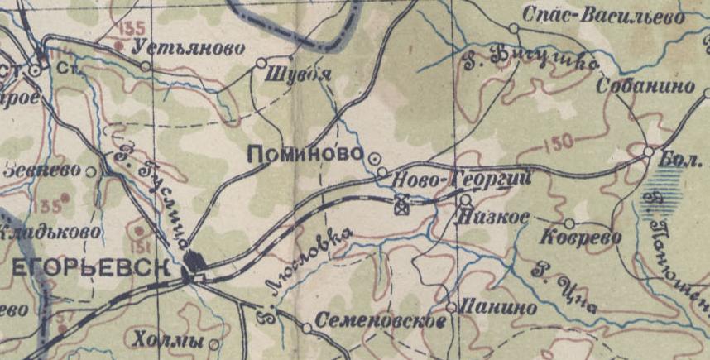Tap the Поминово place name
click(305, 154)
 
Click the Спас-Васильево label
click(604, 16)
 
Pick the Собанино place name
click(645, 88)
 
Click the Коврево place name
click(579, 238)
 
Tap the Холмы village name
click(167, 340)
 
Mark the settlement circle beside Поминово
click(373, 156)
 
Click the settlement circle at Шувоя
click(261, 63)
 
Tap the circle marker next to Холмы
click(214, 343)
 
